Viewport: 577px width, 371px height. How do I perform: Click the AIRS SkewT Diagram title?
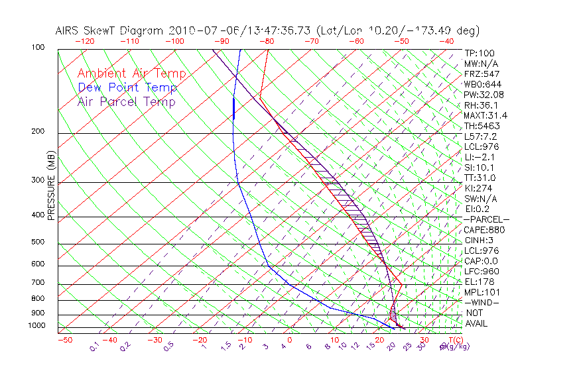pyautogui.click(x=267, y=30)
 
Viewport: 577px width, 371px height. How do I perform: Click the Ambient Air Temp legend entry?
pyautogui.click(x=132, y=74)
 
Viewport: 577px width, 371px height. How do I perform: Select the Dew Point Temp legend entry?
pyautogui.click(x=127, y=87)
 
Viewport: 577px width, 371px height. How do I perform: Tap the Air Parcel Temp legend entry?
pyautogui.click(x=127, y=101)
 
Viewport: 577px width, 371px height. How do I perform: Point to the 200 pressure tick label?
pyautogui.click(x=38, y=132)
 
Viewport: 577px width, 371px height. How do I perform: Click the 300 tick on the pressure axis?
pyautogui.click(x=38, y=180)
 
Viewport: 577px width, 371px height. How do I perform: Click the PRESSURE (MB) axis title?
pyautogui.click(x=50, y=189)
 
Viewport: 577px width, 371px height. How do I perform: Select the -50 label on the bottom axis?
pyautogui.click(x=64, y=340)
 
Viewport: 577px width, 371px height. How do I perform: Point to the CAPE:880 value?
pyautogui.click(x=483, y=230)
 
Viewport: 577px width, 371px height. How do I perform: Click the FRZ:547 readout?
pyautogui.click(x=481, y=74)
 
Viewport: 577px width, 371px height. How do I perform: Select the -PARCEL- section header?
pyautogui.click(x=486, y=219)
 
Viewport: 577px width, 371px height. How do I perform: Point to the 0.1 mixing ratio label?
pyautogui.click(x=94, y=346)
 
